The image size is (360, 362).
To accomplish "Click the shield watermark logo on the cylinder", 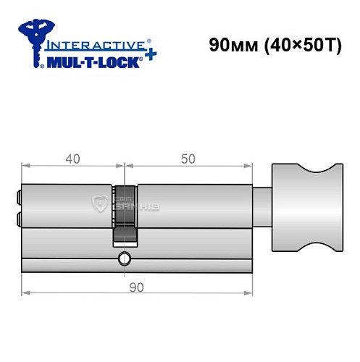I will pyautogui.click(x=100, y=206).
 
